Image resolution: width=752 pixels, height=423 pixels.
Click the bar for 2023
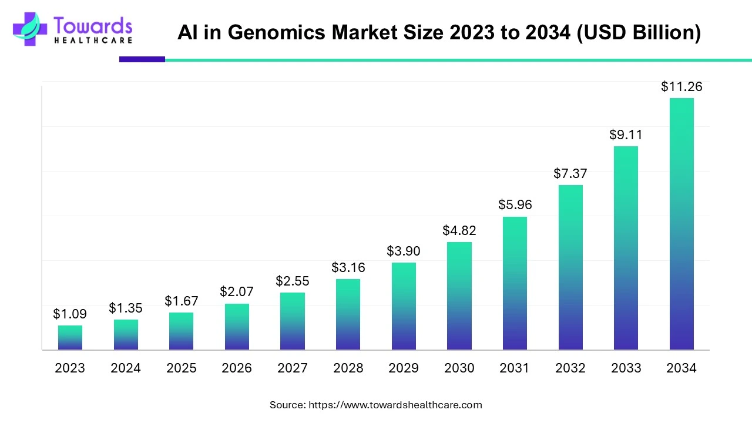tap(70, 338)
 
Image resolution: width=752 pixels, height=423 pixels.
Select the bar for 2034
tap(681, 224)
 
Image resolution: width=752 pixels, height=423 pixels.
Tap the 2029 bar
tap(404, 306)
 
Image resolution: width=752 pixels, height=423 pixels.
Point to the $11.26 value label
tap(681, 87)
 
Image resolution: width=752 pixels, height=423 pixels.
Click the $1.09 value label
tap(70, 314)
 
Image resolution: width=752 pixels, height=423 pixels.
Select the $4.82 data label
tap(459, 231)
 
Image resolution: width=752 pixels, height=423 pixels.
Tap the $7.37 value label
tap(570, 174)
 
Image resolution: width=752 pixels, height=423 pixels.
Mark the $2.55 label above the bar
tap(293, 281)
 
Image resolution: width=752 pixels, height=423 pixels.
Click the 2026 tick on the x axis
tap(237, 368)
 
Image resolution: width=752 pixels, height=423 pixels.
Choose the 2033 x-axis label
tap(626, 368)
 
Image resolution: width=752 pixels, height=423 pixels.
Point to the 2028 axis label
tap(348, 368)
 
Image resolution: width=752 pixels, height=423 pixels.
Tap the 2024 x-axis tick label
tap(126, 368)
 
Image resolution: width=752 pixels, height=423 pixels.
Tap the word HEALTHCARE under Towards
tap(93, 41)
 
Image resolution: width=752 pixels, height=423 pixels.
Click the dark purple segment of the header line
tap(142, 59)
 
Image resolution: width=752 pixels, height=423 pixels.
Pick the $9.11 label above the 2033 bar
tap(626, 135)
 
